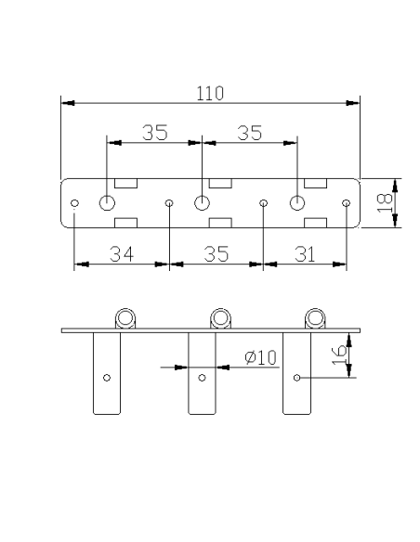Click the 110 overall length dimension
tap(210, 94)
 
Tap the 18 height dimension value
tap(385, 203)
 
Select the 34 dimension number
tap(122, 254)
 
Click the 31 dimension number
tap(305, 254)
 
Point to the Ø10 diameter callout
tap(260, 357)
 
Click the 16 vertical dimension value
tap(339, 355)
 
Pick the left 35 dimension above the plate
tap(155, 133)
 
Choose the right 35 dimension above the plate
tap(249, 133)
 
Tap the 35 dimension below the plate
tap(217, 254)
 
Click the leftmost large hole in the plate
tap(107, 202)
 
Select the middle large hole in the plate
tap(202, 202)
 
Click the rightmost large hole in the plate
tap(297, 202)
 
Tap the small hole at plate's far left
tap(74, 203)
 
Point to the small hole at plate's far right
tap(346, 203)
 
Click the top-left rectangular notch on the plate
tap(126, 183)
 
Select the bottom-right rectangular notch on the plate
tap(316, 223)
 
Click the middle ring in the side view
tap(220, 318)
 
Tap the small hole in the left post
tap(107, 378)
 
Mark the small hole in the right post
tap(296, 378)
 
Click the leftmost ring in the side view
tap(125, 318)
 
